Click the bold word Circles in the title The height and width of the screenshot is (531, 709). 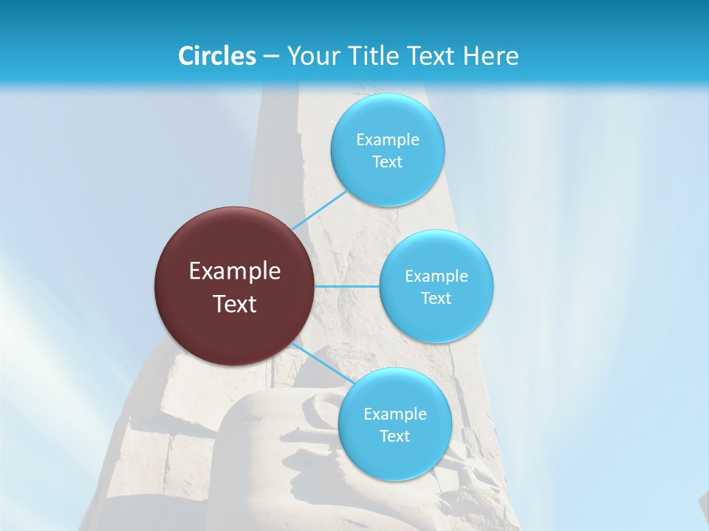tap(216, 56)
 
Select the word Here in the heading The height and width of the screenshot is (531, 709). tap(491, 56)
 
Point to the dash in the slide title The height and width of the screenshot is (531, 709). tap(271, 57)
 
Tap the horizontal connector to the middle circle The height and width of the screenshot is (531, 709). tap(346, 286)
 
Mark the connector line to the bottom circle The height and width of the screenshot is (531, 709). tap(320, 363)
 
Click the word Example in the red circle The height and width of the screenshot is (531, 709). tap(235, 271)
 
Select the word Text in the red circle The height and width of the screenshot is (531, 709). tap(235, 304)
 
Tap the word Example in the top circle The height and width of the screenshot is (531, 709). tap(388, 140)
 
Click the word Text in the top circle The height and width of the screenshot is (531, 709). tap(388, 162)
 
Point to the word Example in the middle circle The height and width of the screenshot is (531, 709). tap(436, 277)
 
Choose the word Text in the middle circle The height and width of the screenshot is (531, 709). tap(436, 299)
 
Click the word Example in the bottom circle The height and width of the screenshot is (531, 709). tap(395, 414)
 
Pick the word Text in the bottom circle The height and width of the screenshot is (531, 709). tap(395, 437)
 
